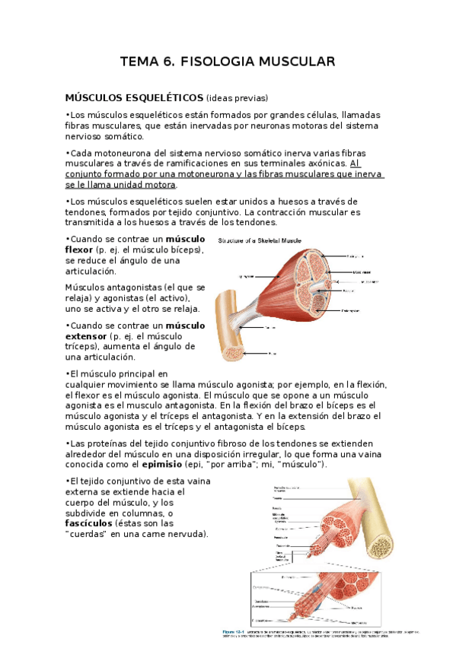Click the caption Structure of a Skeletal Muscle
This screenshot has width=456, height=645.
(260, 240)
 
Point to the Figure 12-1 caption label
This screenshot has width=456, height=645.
(234, 631)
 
